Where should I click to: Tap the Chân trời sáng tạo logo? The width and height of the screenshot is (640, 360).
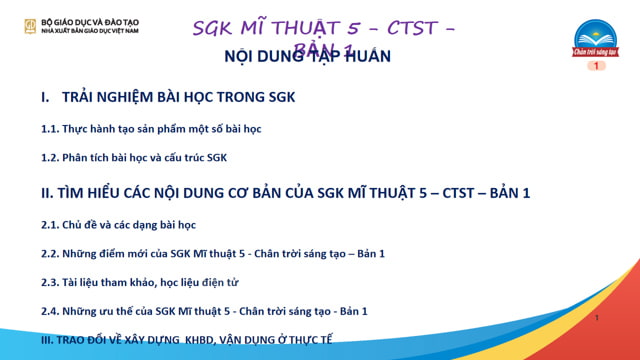pyautogui.click(x=596, y=41)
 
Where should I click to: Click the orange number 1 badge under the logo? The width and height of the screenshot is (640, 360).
pyautogui.click(x=596, y=65)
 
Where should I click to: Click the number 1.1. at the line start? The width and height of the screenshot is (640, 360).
pyautogui.click(x=50, y=130)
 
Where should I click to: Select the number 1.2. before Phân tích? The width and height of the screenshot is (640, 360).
pyautogui.click(x=50, y=157)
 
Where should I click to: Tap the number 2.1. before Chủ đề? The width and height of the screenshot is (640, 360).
pyautogui.click(x=50, y=225)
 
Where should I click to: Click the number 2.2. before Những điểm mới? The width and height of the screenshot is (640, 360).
pyautogui.click(x=50, y=253)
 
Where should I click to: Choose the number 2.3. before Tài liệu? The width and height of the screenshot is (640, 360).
pyautogui.click(x=50, y=282)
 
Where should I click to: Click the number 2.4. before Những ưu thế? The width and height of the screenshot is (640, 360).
pyautogui.click(x=50, y=311)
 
